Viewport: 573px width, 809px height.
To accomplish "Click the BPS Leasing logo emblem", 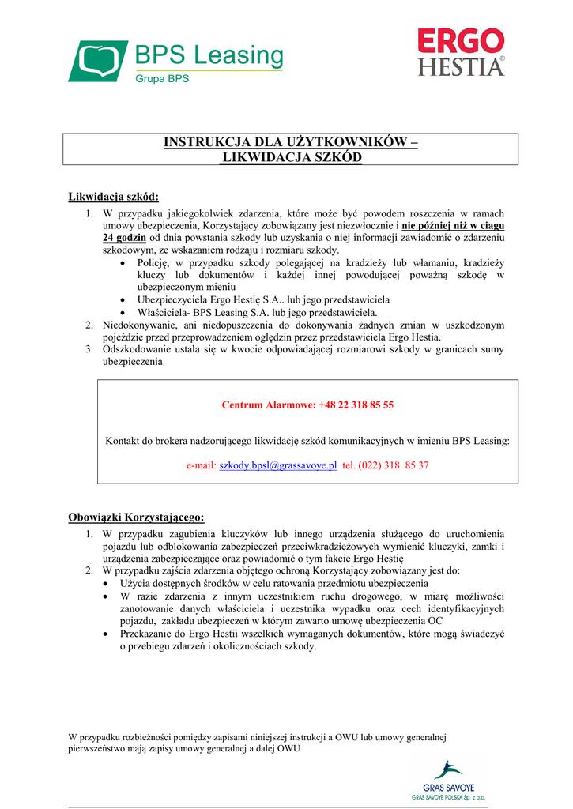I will click(x=98, y=61).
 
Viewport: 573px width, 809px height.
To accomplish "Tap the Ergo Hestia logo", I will click(x=461, y=52).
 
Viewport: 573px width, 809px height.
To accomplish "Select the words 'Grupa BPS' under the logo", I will click(x=162, y=79).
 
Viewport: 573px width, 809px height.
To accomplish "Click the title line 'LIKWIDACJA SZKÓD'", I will click(x=290, y=157).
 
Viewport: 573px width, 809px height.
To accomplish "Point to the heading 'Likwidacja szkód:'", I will click(x=114, y=197).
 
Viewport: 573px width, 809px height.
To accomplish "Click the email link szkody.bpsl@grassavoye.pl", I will click(x=278, y=465).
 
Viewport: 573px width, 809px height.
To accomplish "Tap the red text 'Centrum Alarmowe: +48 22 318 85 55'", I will click(x=307, y=405).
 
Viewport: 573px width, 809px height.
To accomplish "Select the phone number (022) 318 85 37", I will click(x=394, y=465).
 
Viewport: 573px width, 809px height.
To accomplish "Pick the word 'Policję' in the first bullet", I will click(x=153, y=262).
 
